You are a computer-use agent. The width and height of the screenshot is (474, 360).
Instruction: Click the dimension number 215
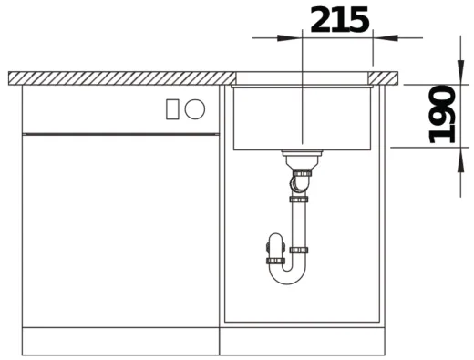[x=340, y=20]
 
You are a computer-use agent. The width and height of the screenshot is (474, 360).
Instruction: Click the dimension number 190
[x=441, y=114]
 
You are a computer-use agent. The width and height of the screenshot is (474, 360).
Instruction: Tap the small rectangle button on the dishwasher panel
[x=172, y=109]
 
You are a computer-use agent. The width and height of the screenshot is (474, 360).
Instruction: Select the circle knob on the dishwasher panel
[x=195, y=109]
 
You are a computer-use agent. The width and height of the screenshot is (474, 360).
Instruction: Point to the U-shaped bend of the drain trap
[x=287, y=275]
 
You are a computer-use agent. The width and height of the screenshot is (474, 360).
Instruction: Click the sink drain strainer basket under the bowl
[x=302, y=159]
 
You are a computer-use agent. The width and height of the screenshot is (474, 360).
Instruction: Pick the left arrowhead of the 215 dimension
[x=289, y=38]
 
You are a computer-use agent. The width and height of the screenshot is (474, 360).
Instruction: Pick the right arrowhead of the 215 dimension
[x=386, y=38]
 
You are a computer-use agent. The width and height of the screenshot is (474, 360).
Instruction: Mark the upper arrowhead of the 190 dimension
[x=461, y=72]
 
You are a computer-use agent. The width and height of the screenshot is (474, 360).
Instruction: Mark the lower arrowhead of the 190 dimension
[x=461, y=159]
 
